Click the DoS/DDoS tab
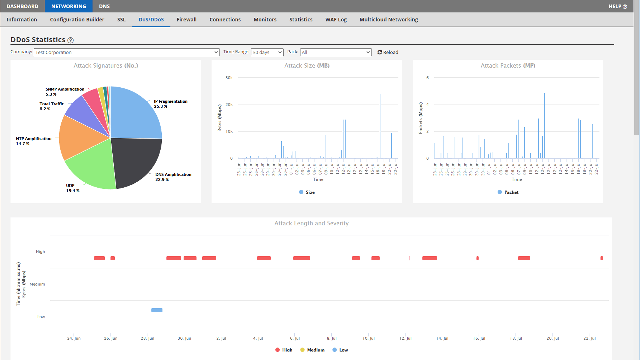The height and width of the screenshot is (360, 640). [151, 20]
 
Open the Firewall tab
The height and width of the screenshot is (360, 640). [186, 20]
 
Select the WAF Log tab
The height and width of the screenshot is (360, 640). [336, 20]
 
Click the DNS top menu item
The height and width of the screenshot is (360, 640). [104, 6]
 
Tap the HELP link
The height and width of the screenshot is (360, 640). [617, 6]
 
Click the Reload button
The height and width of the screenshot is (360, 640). [388, 52]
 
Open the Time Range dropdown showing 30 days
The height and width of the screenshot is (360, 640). [267, 52]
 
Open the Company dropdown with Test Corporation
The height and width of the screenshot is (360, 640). [127, 52]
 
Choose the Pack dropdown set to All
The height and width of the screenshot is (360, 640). [336, 52]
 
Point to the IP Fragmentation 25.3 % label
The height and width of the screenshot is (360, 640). [170, 104]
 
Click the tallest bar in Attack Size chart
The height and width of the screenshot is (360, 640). [380, 127]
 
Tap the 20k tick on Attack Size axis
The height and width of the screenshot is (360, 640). [229, 105]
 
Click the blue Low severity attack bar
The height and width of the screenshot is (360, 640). [157, 310]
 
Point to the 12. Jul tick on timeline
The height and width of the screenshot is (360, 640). [405, 338]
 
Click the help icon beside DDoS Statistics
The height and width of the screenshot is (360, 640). [70, 40]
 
